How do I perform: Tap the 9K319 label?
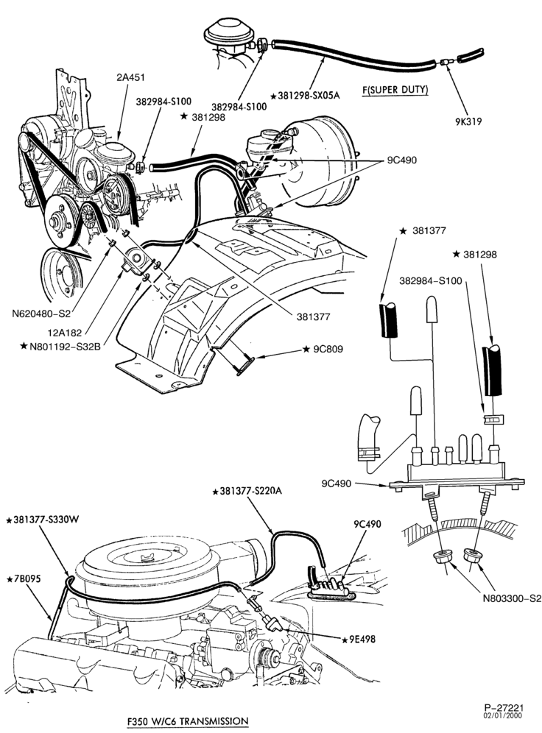(468, 121)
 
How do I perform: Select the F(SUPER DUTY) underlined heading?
(395, 90)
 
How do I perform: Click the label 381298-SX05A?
(305, 96)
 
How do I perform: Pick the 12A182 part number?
(65, 333)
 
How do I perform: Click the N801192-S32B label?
(61, 346)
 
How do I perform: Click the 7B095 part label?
(24, 579)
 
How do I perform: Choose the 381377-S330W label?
(41, 520)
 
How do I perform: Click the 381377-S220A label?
(247, 492)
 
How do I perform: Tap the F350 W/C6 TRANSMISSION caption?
(188, 720)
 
